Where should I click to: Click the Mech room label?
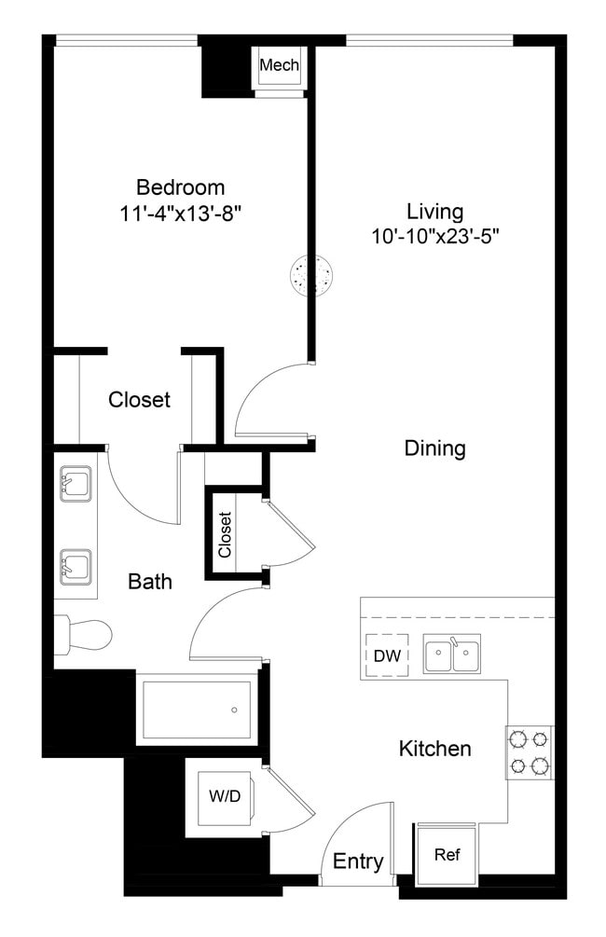pyautogui.click(x=279, y=65)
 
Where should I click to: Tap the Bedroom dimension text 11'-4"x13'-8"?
pyautogui.click(x=181, y=212)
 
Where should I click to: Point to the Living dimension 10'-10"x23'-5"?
pyautogui.click(x=435, y=237)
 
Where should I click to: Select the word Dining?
pyautogui.click(x=434, y=448)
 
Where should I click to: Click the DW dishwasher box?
pyautogui.click(x=387, y=655)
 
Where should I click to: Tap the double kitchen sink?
pyautogui.click(x=452, y=655)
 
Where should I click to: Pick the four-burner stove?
pyautogui.click(x=530, y=752)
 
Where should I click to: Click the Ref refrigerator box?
pyautogui.click(x=448, y=853)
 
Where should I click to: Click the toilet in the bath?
pyautogui.click(x=84, y=634)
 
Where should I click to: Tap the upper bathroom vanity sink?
pyautogui.click(x=75, y=485)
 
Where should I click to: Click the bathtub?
pyautogui.click(x=196, y=710)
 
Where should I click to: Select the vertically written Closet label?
pyautogui.click(x=225, y=535)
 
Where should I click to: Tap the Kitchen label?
pyautogui.click(x=434, y=749)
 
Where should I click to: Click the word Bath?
pyautogui.click(x=150, y=582)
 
